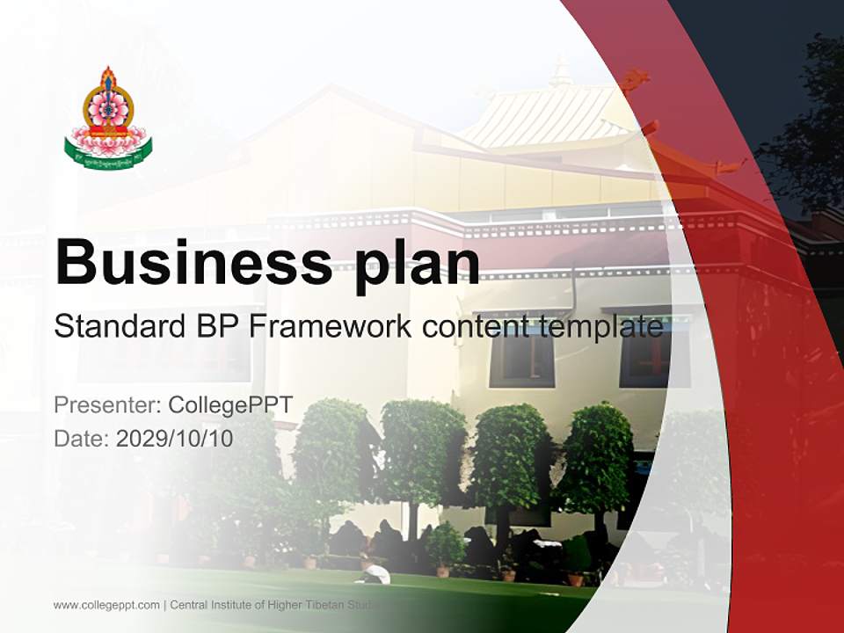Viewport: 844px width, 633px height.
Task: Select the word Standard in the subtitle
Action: (118, 327)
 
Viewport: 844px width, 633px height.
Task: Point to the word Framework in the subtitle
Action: (331, 327)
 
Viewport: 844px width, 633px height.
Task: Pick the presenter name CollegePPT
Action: (229, 405)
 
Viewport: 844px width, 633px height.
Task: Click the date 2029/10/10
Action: (174, 439)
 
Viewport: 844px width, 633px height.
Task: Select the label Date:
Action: (82, 439)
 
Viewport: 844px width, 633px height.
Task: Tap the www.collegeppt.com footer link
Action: (106, 605)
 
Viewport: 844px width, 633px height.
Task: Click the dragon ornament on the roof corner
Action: (635, 82)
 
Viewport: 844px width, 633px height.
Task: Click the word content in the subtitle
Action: (474, 327)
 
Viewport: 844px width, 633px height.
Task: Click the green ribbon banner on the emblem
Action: (107, 156)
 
